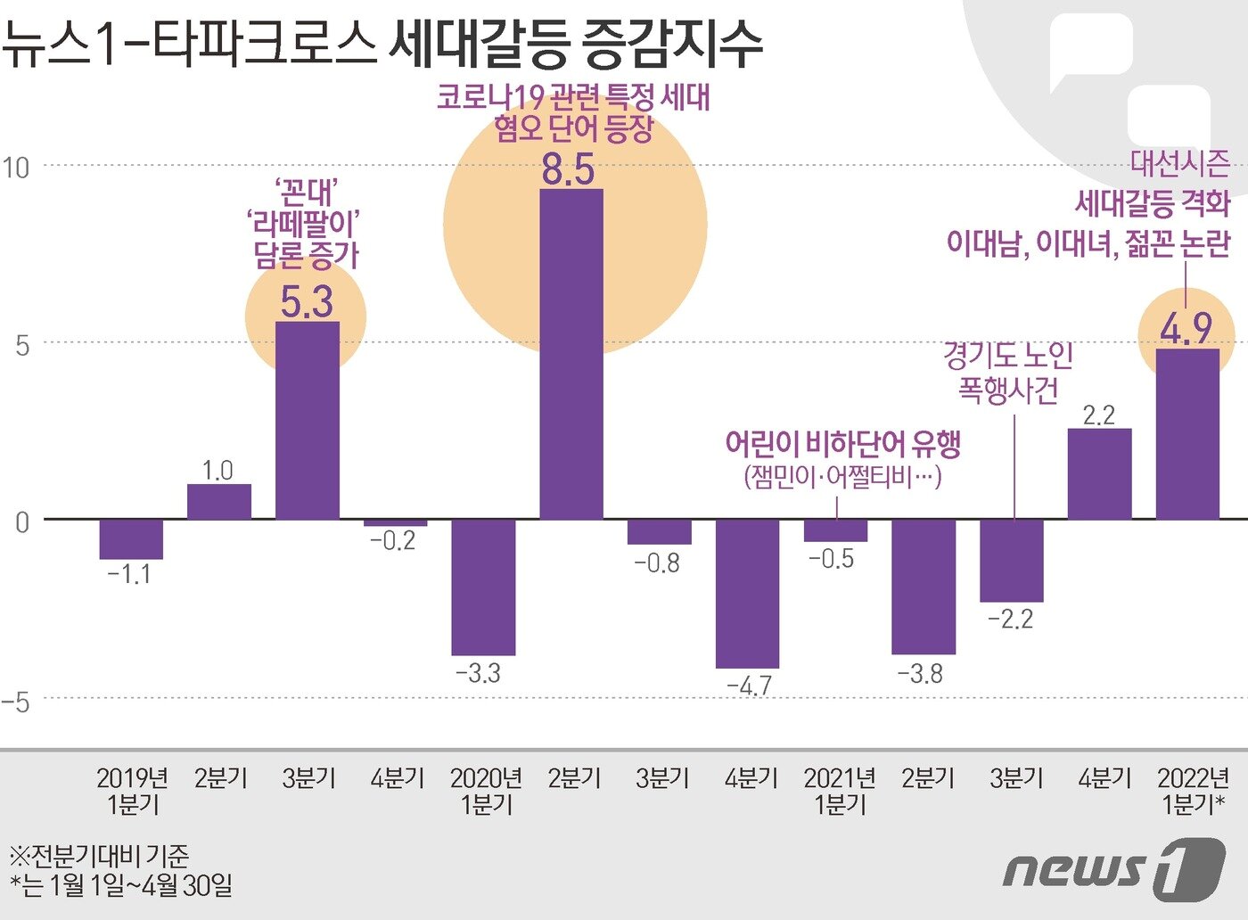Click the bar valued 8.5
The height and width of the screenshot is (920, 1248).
[x=571, y=354]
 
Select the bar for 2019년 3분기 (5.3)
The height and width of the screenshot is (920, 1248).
[x=307, y=421]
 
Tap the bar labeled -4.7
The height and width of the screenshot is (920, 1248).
[x=747, y=593]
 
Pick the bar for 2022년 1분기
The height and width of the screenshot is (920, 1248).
[x=1187, y=434]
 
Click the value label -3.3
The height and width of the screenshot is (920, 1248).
[x=479, y=673]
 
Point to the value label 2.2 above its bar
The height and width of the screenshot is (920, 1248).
[x=1098, y=415]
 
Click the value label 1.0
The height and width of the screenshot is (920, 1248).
[x=218, y=470]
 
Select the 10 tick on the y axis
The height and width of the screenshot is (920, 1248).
[x=15, y=167]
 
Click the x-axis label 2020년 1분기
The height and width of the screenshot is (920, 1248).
[x=486, y=791]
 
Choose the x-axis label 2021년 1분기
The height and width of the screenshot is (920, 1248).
[x=839, y=791]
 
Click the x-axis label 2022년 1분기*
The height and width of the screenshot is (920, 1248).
[x=1193, y=791]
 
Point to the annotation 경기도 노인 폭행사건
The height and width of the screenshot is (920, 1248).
[x=1007, y=373]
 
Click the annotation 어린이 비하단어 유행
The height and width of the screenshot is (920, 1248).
[x=842, y=443]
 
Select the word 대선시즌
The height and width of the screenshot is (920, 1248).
[x=1180, y=163]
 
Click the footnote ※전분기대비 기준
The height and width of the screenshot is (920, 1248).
[x=99, y=857]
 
